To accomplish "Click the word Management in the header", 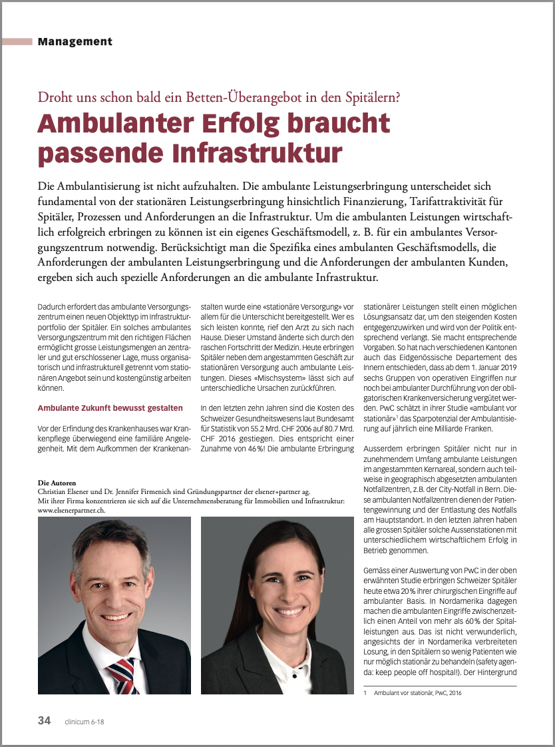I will (x=75, y=42).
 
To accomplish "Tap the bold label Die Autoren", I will (x=57, y=482).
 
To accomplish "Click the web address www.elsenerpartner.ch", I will (x=73, y=509).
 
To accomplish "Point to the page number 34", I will (x=44, y=720).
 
